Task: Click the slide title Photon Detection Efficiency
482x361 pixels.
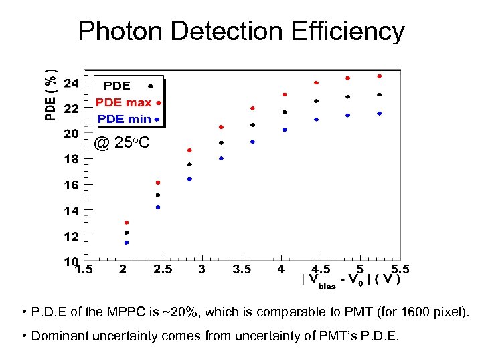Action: tap(241, 31)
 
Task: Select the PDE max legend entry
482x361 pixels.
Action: tap(124, 102)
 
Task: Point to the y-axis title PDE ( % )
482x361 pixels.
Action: tap(51, 88)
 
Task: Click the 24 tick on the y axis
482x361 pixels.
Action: tap(71, 83)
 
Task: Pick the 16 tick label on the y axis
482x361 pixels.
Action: tap(71, 185)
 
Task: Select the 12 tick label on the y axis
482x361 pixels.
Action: tap(71, 236)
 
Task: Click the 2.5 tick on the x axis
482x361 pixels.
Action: tap(162, 269)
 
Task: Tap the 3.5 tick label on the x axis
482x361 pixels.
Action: tap(242, 269)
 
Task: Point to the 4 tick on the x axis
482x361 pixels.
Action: tap(281, 269)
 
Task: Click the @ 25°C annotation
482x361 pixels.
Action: tap(122, 142)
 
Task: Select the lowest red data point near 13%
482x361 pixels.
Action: tap(127, 223)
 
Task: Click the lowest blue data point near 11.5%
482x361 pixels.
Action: tap(127, 243)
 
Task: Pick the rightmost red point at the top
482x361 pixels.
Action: tap(379, 76)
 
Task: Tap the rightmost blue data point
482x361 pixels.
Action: tap(379, 114)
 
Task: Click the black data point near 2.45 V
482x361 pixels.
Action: tap(158, 195)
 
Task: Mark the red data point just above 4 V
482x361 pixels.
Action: tap(285, 94)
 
